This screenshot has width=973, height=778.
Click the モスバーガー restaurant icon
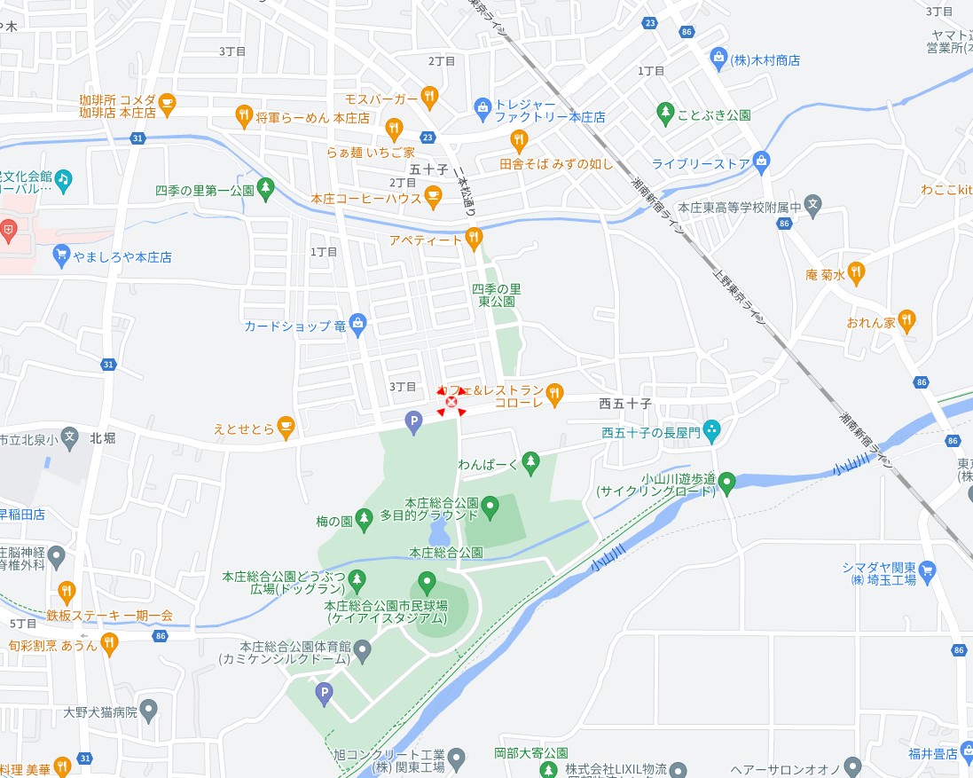pyautogui.click(x=429, y=96)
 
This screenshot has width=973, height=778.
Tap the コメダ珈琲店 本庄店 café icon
pyautogui.click(x=167, y=104)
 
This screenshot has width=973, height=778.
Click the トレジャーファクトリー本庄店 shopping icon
pyautogui.click(x=483, y=109)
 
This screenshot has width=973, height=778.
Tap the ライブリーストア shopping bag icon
pyautogui.click(x=760, y=161)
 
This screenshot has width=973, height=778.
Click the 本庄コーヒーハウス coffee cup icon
pyautogui.click(x=433, y=197)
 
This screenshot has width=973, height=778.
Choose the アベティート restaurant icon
pyautogui.click(x=474, y=238)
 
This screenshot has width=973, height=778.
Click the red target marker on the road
pyautogui.click(x=451, y=402)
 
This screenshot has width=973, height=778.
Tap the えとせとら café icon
pyautogui.click(x=285, y=428)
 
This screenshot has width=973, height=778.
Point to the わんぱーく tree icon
pyautogui.click(x=530, y=461)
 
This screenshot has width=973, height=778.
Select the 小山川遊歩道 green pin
pyautogui.click(x=726, y=483)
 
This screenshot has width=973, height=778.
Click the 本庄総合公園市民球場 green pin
pyautogui.click(x=428, y=583)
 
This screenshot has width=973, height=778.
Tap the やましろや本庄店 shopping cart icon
pyautogui.click(x=61, y=255)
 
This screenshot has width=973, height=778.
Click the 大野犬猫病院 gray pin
pyautogui.click(x=149, y=710)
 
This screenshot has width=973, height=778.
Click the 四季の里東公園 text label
pyautogui.click(x=496, y=295)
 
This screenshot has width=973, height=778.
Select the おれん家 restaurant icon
pyautogui.click(x=906, y=319)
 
